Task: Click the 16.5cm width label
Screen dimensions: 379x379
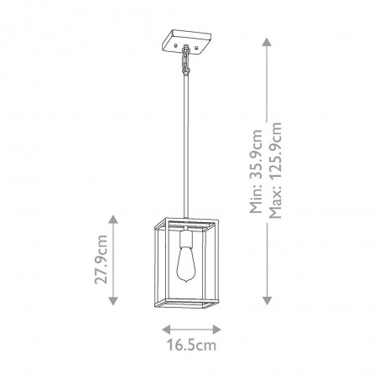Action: pyautogui.click(x=191, y=345)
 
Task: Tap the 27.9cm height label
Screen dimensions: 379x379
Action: pyautogui.click(x=101, y=260)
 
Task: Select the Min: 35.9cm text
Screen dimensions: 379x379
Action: pyautogui.click(x=257, y=171)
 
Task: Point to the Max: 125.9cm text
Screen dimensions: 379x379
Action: pyautogui.click(x=275, y=170)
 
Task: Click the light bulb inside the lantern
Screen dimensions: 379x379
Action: pyautogui.click(x=186, y=264)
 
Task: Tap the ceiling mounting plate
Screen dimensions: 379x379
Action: pyautogui.click(x=186, y=41)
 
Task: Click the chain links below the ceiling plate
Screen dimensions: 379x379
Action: pyautogui.click(x=185, y=61)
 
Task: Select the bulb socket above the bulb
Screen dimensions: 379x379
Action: pyautogui.click(x=186, y=238)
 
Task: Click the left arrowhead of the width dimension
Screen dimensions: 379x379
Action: pyautogui.click(x=166, y=330)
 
